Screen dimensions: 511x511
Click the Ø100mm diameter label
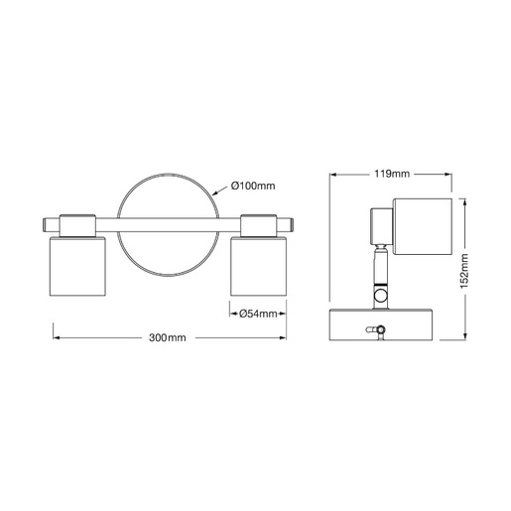(254, 187)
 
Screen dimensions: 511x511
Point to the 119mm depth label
(394, 175)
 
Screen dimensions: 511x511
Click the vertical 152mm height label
(465, 267)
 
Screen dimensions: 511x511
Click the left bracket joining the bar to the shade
(78, 225)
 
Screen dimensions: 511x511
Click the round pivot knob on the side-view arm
(381, 296)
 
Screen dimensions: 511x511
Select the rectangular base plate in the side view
(381, 324)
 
